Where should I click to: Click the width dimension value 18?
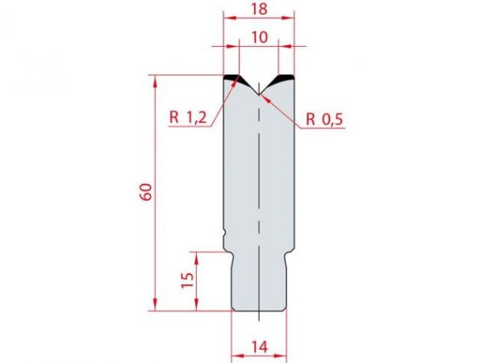[259, 11]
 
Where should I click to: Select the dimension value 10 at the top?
[259, 38]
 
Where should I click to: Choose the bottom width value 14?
[259, 347]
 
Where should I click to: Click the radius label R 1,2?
[189, 118]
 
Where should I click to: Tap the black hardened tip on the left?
[232, 78]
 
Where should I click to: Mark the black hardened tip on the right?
[285, 79]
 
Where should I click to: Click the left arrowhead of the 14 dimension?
[235, 353]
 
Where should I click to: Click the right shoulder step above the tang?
[289, 251]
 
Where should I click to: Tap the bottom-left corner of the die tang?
[234, 311]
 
